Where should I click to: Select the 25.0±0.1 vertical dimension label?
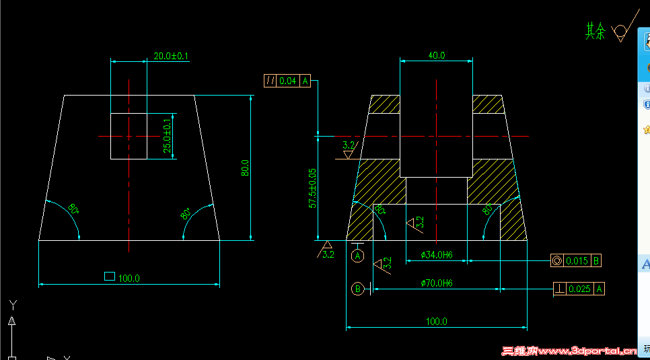(x=168, y=135)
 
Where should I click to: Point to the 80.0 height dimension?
(x=246, y=168)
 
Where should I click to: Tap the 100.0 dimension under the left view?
(x=129, y=278)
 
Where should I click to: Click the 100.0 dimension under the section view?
(x=436, y=322)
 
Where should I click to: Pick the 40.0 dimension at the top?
(x=436, y=56)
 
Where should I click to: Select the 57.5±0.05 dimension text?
(x=312, y=188)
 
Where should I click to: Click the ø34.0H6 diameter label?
(x=437, y=255)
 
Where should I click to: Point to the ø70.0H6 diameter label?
(x=436, y=283)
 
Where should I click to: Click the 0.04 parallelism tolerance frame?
(x=287, y=81)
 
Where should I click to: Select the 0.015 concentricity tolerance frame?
(x=576, y=260)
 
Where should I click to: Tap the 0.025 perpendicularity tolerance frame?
(x=579, y=289)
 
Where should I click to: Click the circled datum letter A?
(x=358, y=256)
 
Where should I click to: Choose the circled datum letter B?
(x=358, y=289)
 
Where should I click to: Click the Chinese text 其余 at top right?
(x=595, y=32)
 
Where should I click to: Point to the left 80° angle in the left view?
(x=73, y=209)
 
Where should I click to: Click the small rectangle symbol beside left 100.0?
(x=109, y=276)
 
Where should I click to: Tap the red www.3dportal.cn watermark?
(x=569, y=351)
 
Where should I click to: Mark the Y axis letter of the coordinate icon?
(x=11, y=304)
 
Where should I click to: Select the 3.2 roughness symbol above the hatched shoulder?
(x=349, y=145)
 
